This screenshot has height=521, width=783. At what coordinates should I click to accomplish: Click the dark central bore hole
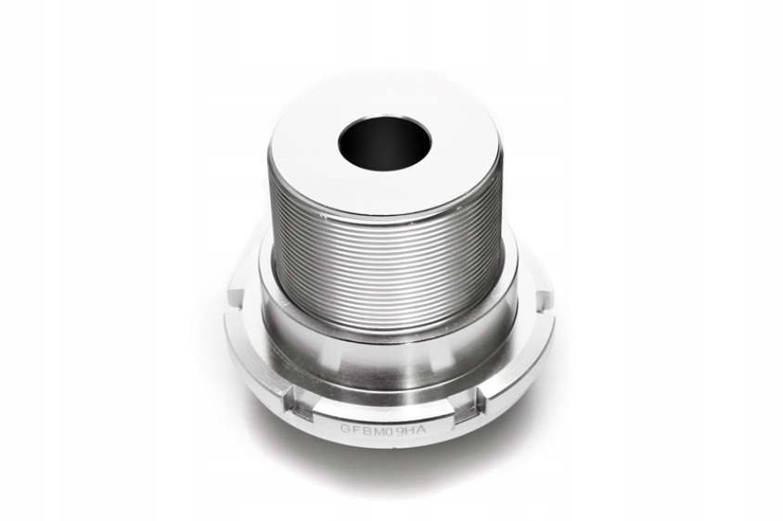coord(384,140)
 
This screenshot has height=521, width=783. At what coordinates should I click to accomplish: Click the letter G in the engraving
coord(345,429)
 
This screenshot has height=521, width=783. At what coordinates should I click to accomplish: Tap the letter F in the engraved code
coord(357,430)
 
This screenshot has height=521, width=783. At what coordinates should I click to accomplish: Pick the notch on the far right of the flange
coord(543,299)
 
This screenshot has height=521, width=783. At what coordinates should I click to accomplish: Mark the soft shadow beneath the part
coord(390,464)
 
